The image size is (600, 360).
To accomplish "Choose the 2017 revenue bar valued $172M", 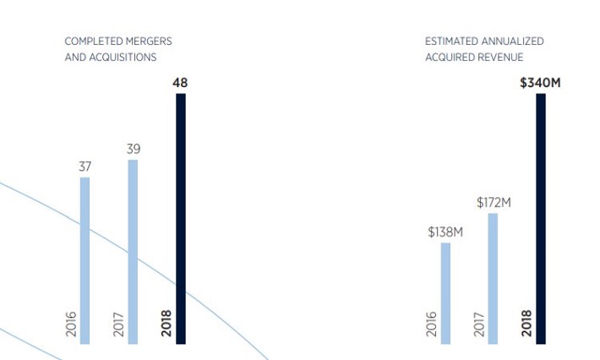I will coord(493,278).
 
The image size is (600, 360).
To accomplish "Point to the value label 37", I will coord(85,166).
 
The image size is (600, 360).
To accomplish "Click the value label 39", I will coord(134,149).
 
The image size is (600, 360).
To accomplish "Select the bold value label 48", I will coord(180,83).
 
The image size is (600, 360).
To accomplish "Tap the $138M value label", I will coord(445,232).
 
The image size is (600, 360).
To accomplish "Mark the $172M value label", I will coord(494,202).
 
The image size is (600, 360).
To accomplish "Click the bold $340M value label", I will coord(541,83).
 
